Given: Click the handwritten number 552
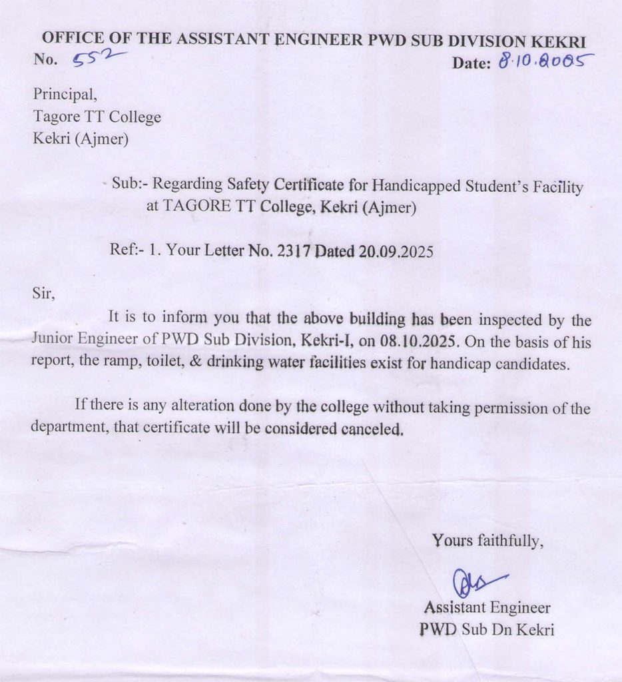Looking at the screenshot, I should [93, 59].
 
